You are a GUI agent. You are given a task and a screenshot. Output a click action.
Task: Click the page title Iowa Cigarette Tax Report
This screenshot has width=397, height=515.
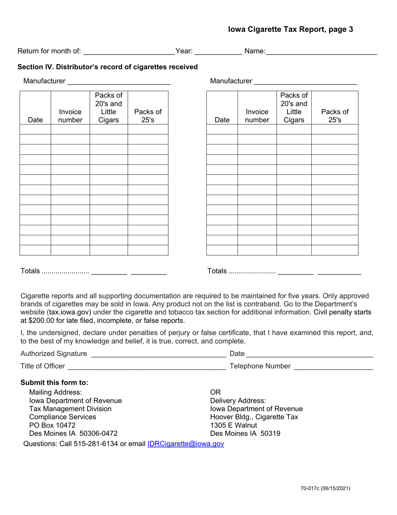click(290, 29)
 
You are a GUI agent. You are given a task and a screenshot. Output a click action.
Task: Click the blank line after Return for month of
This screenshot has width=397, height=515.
click(129, 52)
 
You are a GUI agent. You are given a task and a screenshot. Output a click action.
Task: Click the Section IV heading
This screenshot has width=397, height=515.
click(107, 67)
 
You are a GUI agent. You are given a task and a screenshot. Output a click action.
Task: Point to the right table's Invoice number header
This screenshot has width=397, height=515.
click(257, 116)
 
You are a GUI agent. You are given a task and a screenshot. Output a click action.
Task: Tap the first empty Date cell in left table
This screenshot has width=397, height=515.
click(35, 129)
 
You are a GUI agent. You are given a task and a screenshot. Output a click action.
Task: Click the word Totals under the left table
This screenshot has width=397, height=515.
click(31, 271)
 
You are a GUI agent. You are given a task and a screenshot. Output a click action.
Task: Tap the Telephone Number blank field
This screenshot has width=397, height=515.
click(333, 367)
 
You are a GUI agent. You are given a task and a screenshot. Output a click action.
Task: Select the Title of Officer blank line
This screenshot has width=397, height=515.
click(146, 367)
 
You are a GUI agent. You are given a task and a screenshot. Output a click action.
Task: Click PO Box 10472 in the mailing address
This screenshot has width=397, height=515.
click(52, 425)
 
